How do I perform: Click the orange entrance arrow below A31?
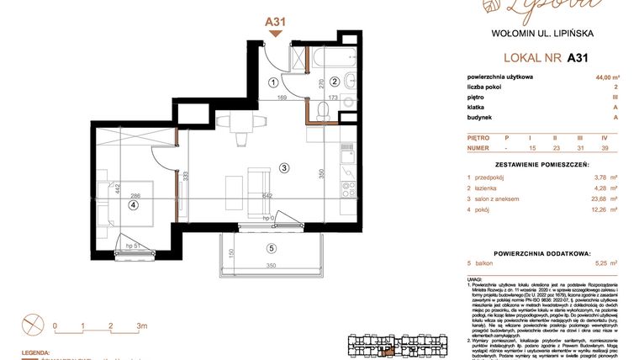pos(275,34)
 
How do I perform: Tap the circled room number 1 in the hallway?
pos(273,82)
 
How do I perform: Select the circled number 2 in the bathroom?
pos(334,82)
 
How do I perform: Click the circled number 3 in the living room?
pos(284,168)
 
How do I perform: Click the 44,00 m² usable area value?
pos(602,77)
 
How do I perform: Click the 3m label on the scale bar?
pos(142,325)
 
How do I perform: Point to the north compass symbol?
pos(31,323)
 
